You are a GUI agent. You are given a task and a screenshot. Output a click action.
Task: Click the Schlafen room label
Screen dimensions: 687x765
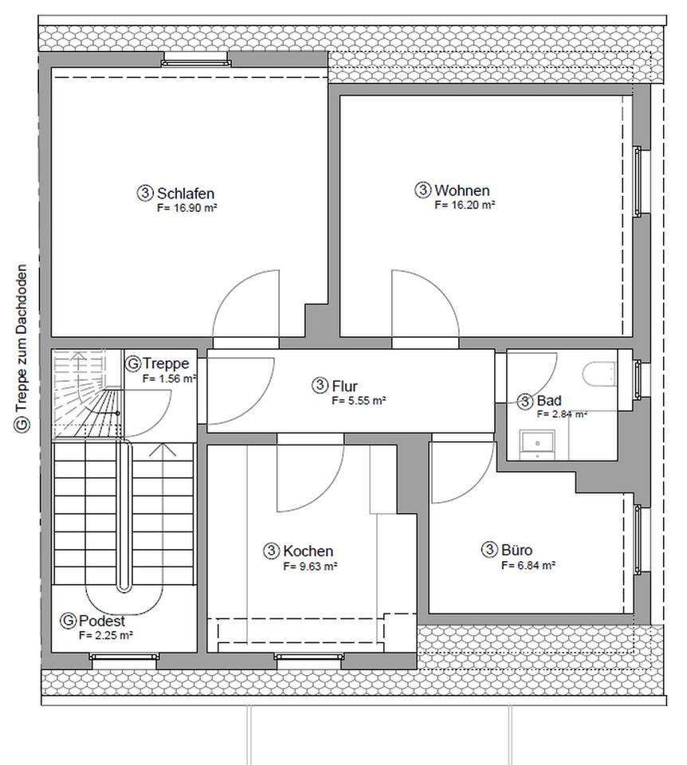pos(186,193)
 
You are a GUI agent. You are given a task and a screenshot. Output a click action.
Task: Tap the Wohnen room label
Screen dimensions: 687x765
pos(462,190)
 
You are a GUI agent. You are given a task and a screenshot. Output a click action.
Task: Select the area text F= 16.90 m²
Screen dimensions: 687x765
pos(186,208)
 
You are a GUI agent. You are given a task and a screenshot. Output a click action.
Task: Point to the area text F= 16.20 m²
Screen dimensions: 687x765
pos(465,205)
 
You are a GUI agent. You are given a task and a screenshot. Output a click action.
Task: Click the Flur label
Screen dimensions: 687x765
pos(344,386)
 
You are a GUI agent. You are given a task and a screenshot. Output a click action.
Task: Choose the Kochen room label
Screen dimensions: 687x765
pos(308,551)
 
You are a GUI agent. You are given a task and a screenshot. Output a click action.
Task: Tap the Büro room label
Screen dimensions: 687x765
pos(516,550)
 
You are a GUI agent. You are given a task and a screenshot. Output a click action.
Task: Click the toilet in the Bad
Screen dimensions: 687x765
pos(599,374)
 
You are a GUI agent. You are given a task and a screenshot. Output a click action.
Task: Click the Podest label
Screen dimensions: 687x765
pos(101,621)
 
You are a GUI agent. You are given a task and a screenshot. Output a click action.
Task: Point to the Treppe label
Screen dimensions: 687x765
pos(166,363)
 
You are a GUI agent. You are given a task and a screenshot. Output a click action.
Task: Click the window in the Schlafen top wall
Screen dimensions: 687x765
pos(195,61)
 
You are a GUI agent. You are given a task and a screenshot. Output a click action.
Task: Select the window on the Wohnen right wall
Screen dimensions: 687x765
pos(638,181)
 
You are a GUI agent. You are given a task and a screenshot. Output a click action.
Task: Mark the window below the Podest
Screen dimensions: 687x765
pos(124,657)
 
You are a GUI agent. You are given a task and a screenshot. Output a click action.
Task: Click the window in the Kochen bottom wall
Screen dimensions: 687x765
pos(308,657)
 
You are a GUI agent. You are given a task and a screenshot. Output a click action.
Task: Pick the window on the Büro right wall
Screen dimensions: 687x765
pos(638,539)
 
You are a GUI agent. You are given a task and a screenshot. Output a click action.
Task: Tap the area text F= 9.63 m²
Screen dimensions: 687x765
pos(310,567)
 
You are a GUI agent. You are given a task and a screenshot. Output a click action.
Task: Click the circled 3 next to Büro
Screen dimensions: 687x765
pos(489,550)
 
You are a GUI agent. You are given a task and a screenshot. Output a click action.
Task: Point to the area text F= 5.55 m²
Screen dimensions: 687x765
pos(359,401)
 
